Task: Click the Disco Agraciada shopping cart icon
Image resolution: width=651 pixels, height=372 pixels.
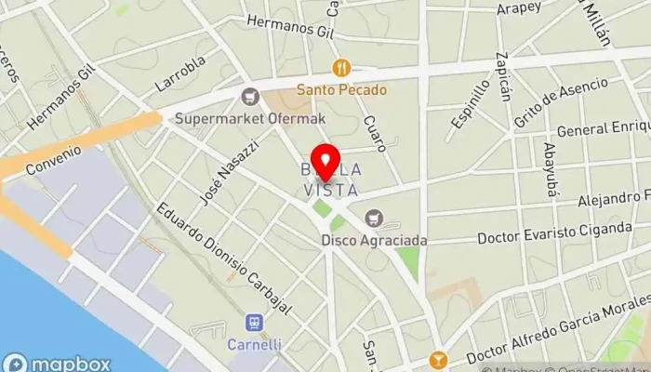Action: [x=375, y=218]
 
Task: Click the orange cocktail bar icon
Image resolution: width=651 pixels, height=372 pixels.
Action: [x=437, y=360]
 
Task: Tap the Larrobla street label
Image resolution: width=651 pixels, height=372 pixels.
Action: [x=180, y=73]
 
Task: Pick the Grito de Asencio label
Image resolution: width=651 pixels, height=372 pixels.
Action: [x=549, y=105]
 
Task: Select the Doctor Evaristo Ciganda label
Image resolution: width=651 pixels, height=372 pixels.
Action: [x=555, y=232]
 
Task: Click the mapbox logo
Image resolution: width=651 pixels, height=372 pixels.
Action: [x=57, y=364]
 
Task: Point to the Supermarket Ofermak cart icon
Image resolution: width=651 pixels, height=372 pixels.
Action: [x=249, y=96]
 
